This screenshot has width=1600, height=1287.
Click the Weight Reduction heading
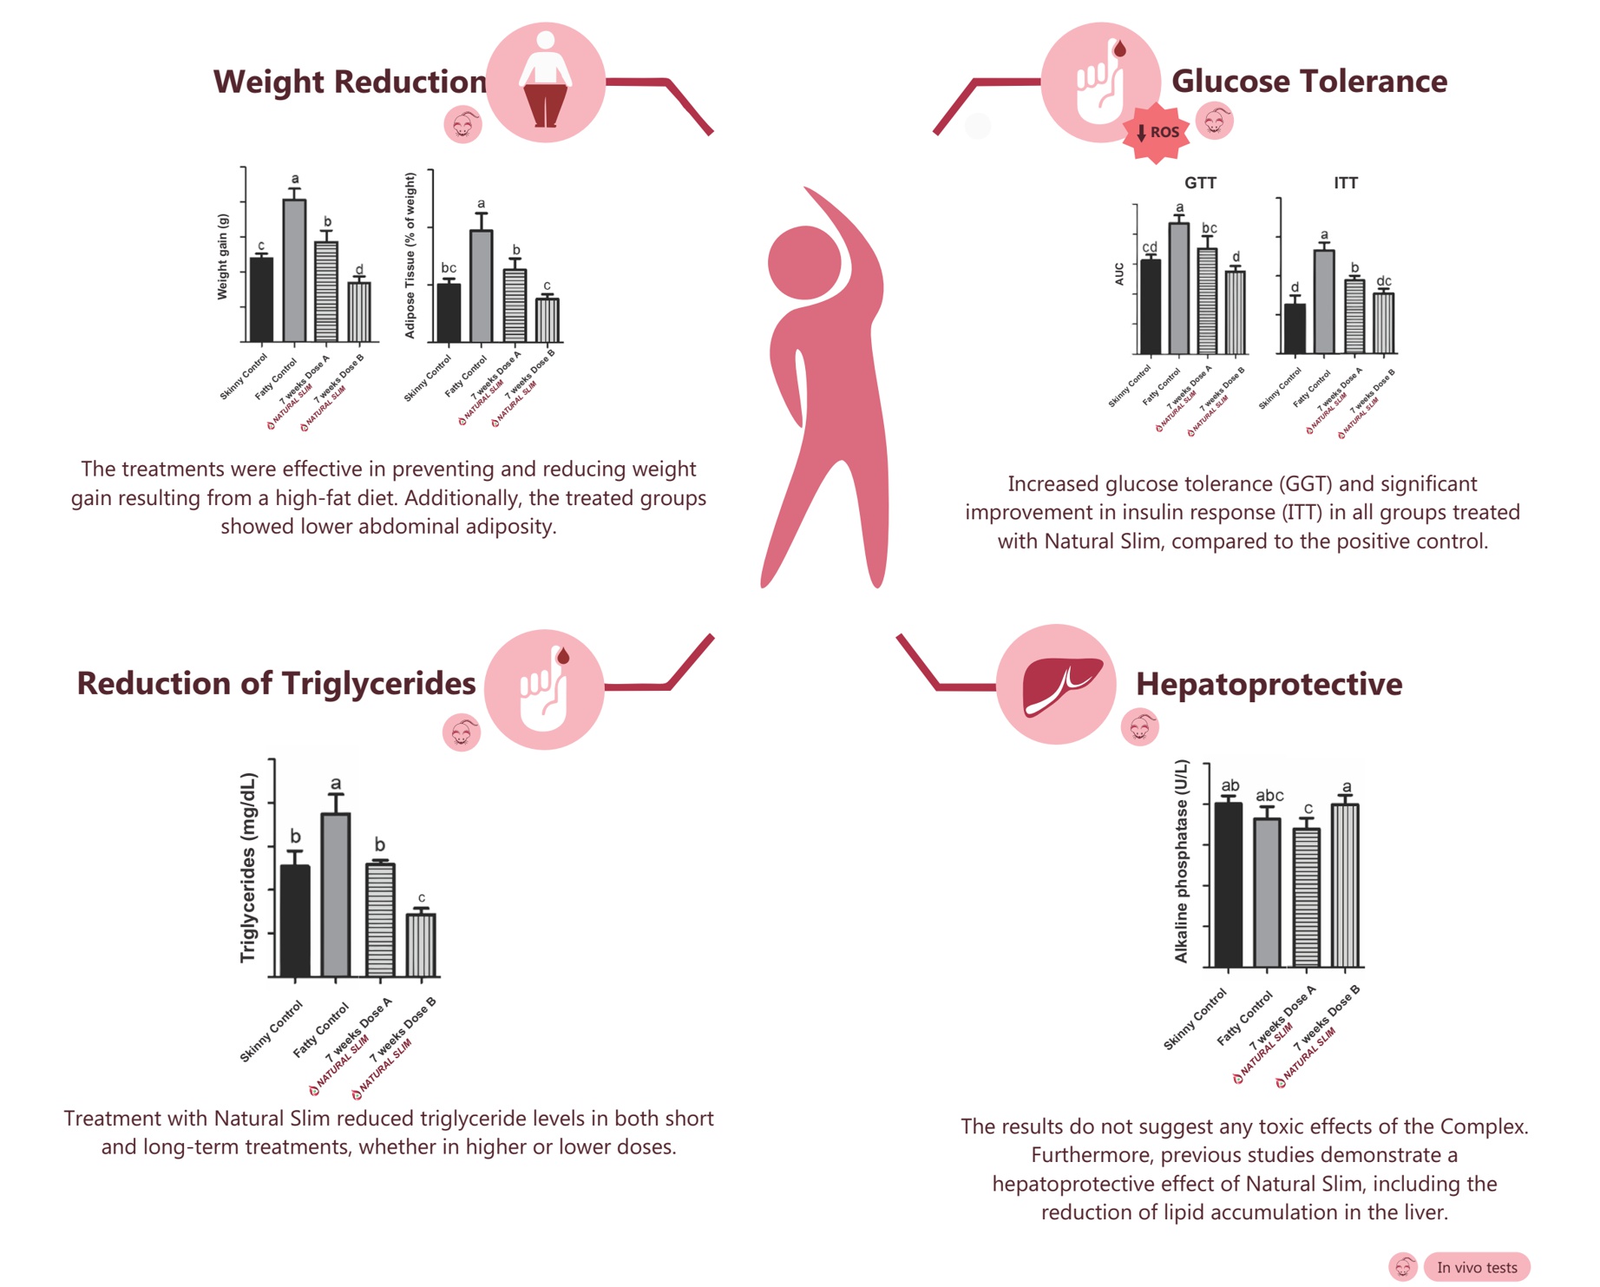point(350,82)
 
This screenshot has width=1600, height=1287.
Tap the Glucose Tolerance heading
point(1308,82)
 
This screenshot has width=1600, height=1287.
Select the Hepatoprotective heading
point(1269,684)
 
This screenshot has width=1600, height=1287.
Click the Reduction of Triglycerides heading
point(276,683)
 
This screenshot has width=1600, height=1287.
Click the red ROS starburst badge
point(1157,133)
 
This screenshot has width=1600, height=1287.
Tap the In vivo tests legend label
point(1477,1267)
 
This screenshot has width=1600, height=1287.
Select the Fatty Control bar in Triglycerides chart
point(336,894)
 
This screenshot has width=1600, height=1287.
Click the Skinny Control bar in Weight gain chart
point(261,299)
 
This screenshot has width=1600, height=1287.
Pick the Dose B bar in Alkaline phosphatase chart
point(1345,885)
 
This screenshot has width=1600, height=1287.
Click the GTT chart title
point(1200,183)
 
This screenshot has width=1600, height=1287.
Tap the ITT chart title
point(1346,183)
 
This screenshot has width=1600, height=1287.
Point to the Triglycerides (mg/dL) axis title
point(248,868)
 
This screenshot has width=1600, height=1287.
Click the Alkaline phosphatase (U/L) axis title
point(1181,861)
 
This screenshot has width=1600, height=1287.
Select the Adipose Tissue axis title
point(410,255)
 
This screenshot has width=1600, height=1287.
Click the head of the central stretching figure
point(804,262)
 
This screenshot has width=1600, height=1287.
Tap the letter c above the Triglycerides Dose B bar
point(422,898)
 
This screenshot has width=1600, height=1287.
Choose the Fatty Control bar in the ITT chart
point(1324,301)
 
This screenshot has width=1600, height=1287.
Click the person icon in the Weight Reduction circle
point(545,80)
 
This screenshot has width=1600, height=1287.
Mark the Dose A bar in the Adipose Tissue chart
point(515,305)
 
